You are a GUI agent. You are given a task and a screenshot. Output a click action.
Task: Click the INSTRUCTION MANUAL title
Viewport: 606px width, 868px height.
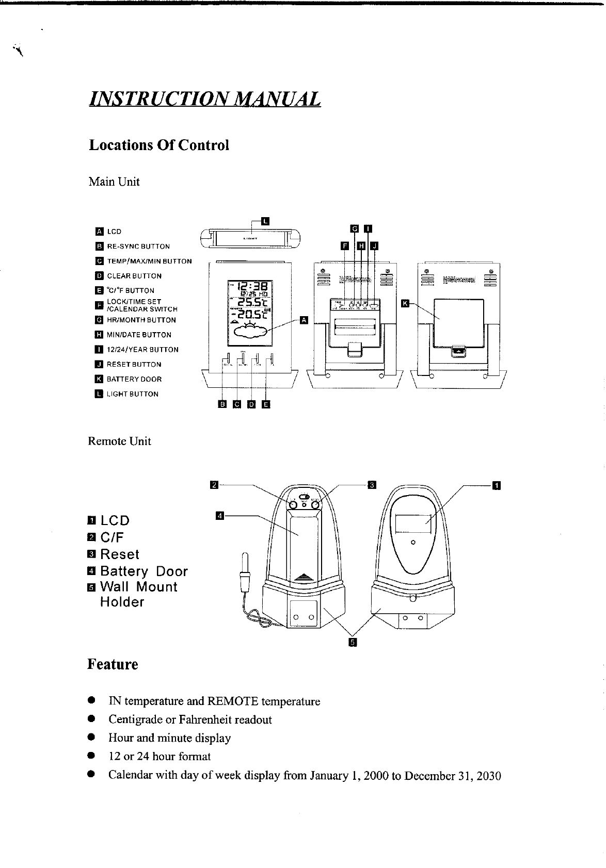[204, 98]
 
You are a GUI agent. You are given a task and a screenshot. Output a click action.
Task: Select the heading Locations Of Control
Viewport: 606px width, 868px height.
[159, 145]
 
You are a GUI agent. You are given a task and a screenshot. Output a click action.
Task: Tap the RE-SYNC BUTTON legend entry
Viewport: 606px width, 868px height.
[138, 247]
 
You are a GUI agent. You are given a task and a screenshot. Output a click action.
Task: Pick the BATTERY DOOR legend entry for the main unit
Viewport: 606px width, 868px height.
[134, 379]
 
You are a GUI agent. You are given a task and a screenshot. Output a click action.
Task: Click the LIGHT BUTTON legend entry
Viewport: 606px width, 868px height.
[132, 394]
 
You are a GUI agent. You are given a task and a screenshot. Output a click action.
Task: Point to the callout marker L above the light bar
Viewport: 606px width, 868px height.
[265, 221]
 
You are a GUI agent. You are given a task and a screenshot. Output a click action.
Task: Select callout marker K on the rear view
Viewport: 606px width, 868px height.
[405, 303]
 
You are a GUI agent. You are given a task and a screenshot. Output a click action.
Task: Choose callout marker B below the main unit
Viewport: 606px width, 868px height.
[222, 404]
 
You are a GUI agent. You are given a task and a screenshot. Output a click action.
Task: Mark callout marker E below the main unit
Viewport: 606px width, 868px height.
[266, 404]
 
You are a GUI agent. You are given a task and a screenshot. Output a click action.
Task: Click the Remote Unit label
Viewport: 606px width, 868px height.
[119, 441]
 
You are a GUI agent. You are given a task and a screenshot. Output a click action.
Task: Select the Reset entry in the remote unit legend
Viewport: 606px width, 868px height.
[119, 554]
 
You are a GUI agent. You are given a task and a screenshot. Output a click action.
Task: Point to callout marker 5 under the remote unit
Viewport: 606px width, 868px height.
[353, 642]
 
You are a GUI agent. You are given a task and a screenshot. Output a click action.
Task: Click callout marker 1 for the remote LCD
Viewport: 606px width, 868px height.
[496, 485]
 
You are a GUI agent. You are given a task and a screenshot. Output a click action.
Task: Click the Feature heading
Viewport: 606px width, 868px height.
[113, 664]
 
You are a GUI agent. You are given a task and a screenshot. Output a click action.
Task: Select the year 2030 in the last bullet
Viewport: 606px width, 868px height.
[489, 776]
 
